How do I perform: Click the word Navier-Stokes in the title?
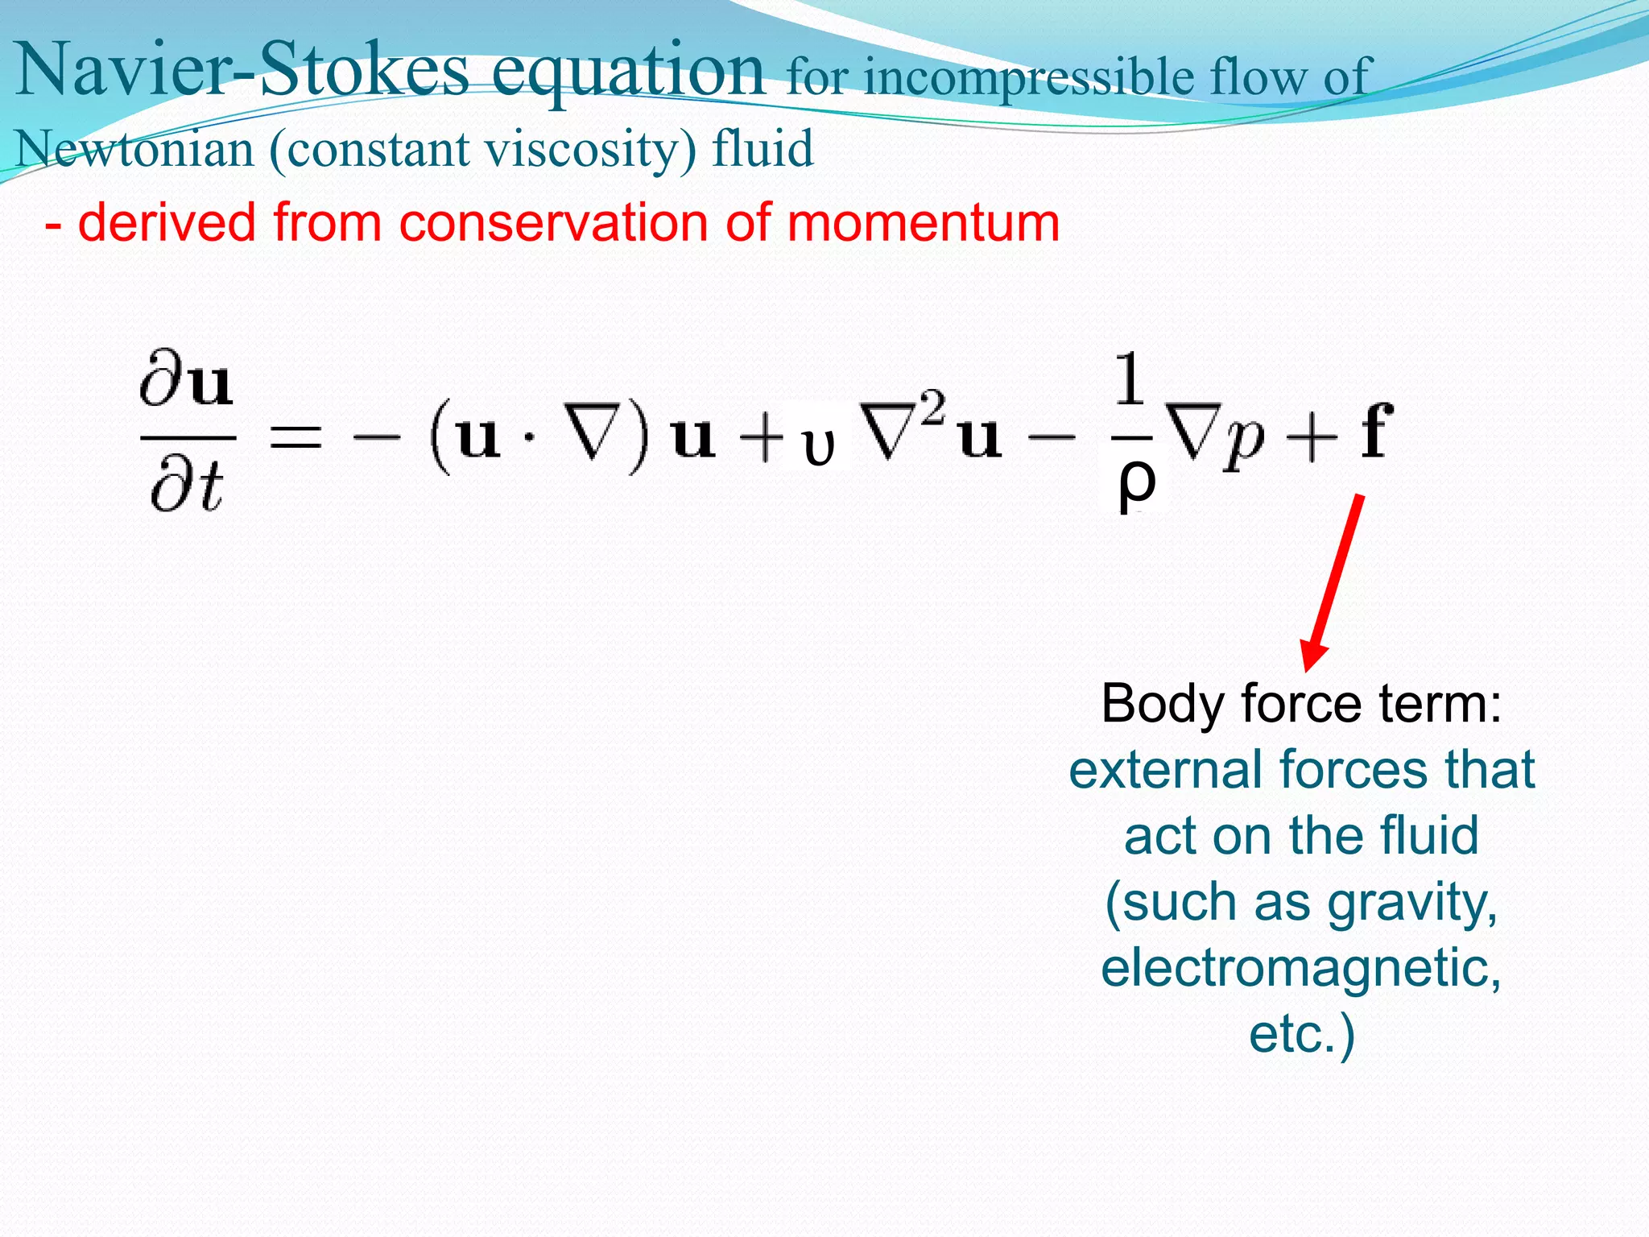pyautogui.click(x=242, y=71)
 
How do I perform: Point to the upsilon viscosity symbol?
pyautogui.click(x=819, y=447)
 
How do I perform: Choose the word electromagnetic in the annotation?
pyautogui.click(x=1301, y=967)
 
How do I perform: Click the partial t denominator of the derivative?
pyautogui.click(x=187, y=488)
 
